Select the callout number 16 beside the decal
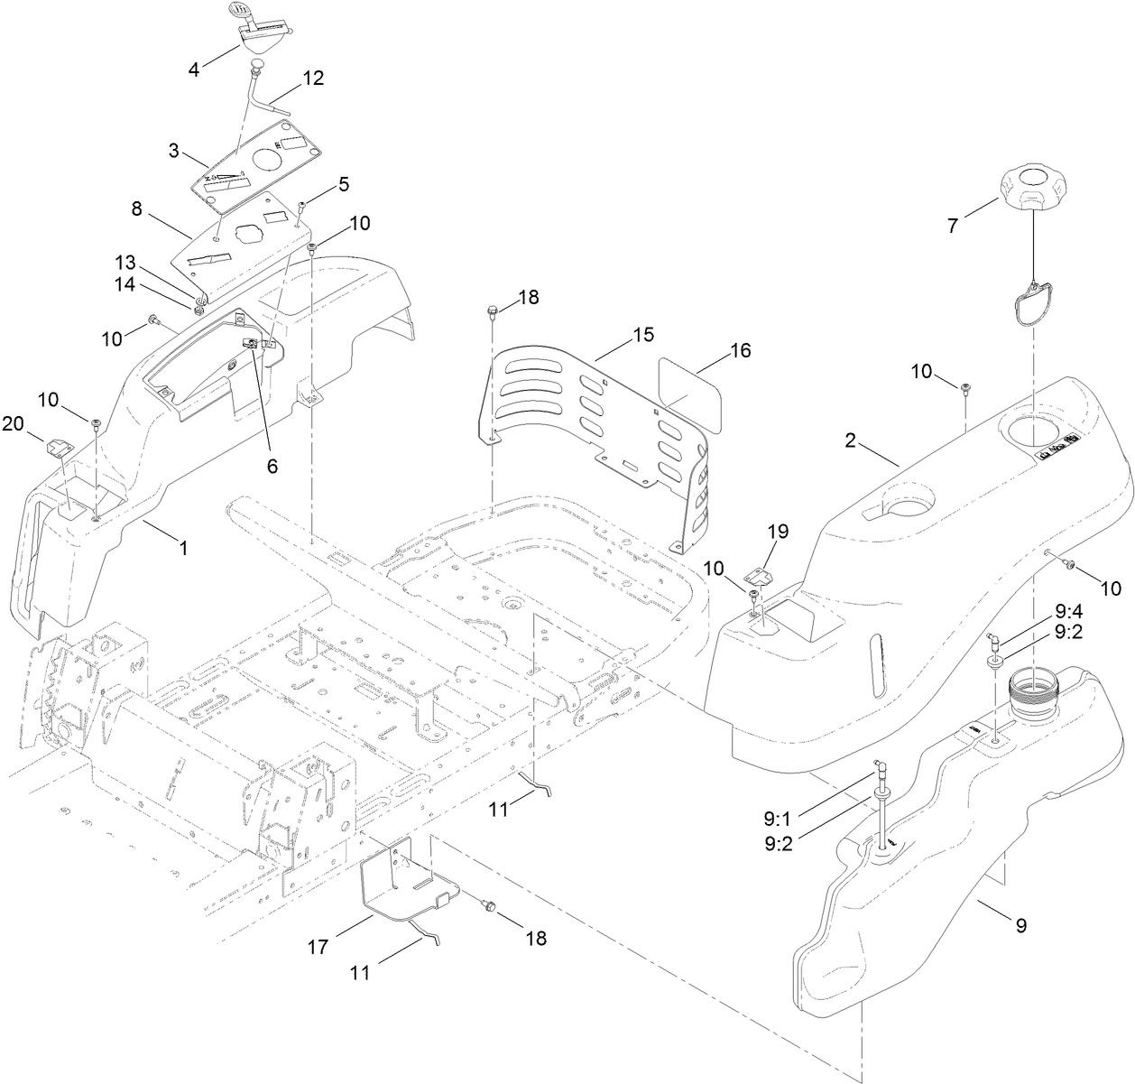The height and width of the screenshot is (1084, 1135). [740, 350]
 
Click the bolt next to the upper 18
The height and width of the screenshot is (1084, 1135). [491, 313]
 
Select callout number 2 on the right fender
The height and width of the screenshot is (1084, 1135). [850, 442]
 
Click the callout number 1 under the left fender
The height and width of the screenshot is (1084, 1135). [183, 547]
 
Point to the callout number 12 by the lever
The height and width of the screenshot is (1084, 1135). [312, 78]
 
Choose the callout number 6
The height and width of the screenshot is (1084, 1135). [272, 467]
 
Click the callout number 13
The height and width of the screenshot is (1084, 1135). [125, 263]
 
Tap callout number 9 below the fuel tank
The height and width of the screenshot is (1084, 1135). [1020, 925]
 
